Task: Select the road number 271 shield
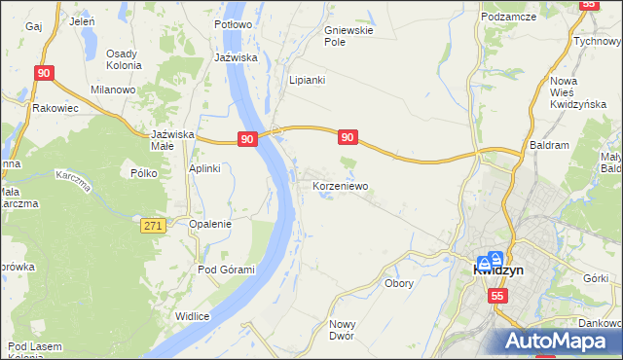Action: click(152, 225)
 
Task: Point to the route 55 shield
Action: click(497, 296)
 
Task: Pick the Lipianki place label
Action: click(306, 80)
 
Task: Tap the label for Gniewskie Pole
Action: click(348, 36)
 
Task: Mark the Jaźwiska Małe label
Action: click(175, 139)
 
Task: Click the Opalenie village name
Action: click(210, 223)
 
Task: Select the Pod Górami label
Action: click(226, 270)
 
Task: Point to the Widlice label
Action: click(193, 315)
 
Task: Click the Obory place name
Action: click(399, 284)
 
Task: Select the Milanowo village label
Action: click(112, 89)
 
